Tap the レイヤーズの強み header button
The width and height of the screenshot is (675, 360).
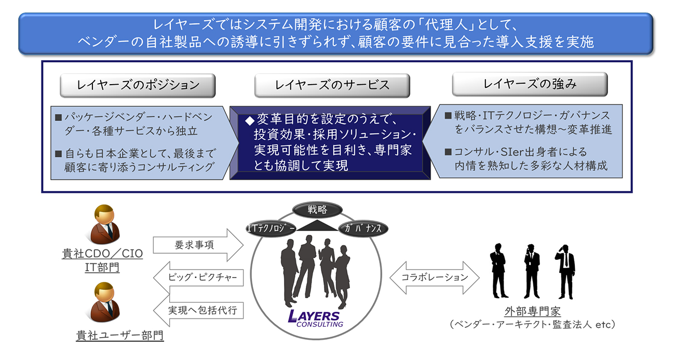tap(529, 84)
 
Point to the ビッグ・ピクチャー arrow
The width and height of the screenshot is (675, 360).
tap(198, 278)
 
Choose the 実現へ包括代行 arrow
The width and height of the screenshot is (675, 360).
tap(198, 311)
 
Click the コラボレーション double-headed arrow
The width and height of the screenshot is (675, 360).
tap(435, 277)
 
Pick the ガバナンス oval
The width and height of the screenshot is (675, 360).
tap(363, 228)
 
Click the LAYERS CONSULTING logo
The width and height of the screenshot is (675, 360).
tap(316, 318)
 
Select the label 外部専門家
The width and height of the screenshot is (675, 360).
tap(532, 312)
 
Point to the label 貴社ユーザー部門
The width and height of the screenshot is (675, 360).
tap(119, 336)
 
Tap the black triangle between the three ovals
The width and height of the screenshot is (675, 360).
tap(317, 226)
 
